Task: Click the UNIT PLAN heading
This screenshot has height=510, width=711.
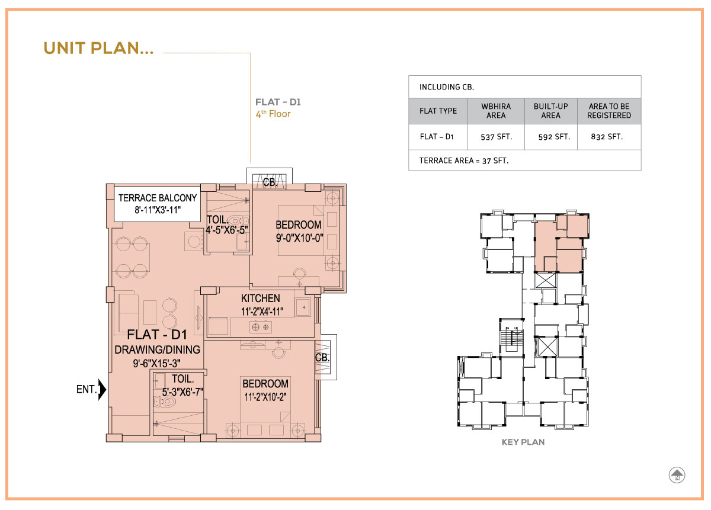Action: (98, 48)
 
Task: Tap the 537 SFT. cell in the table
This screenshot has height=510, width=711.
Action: (496, 137)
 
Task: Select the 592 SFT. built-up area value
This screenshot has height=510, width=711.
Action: (554, 137)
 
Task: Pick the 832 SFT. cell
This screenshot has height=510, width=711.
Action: (607, 137)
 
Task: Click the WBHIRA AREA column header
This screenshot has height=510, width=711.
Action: (496, 111)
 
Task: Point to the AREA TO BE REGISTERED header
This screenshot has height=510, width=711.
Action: (609, 111)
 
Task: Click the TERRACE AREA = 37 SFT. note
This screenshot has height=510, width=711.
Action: (464, 161)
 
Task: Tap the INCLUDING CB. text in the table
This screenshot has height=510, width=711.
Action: (447, 87)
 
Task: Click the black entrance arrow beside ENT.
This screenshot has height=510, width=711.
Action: (102, 389)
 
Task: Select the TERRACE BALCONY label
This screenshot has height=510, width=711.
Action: (158, 198)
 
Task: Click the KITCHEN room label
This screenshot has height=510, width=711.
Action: (261, 299)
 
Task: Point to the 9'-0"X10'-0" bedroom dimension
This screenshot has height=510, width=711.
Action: (299, 238)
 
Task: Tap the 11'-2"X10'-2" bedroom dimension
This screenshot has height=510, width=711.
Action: (265, 397)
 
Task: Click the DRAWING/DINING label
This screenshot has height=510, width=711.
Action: (158, 349)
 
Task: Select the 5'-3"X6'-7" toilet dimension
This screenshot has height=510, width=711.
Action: (182, 392)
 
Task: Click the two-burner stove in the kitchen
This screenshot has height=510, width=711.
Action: (261, 327)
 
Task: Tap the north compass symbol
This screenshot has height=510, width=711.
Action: (677, 476)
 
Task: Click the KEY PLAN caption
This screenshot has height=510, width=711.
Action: (523, 442)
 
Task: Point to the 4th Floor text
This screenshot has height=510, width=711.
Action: (273, 114)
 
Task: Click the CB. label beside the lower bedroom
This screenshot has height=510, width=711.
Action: (322, 358)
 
